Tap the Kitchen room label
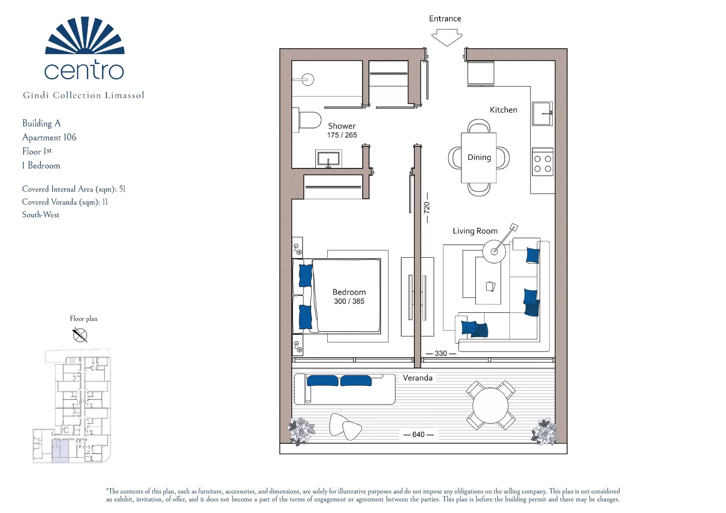pyautogui.click(x=503, y=110)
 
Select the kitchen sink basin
pyautogui.click(x=542, y=113)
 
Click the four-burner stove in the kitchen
pyautogui.click(x=543, y=162)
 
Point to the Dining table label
pyautogui.click(x=479, y=157)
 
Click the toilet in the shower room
pyautogui.click(x=307, y=120)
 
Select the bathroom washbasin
pyautogui.click(x=328, y=159)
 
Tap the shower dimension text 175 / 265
pyautogui.click(x=342, y=135)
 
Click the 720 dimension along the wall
pyautogui.click(x=427, y=208)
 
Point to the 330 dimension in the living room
pyautogui.click(x=441, y=353)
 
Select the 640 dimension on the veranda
pyautogui.click(x=418, y=434)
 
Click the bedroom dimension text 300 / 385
pyautogui.click(x=349, y=301)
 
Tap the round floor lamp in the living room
pyautogui.click(x=494, y=251)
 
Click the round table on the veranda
pyautogui.click(x=490, y=406)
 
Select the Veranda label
pyautogui.click(x=417, y=378)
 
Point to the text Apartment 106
pyautogui.click(x=49, y=137)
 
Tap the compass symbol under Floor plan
pyautogui.click(x=80, y=335)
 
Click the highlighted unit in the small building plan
pyautogui.click(x=60, y=451)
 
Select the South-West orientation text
pyautogui.click(x=41, y=215)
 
